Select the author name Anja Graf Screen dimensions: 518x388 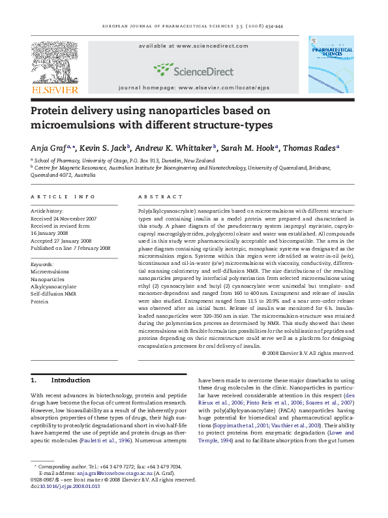click(51, 148)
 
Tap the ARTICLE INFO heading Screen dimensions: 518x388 click(63, 196)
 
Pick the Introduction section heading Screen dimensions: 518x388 click(70, 380)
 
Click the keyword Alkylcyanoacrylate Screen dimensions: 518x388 click(53, 286)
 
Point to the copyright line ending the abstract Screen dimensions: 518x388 click(307, 353)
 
